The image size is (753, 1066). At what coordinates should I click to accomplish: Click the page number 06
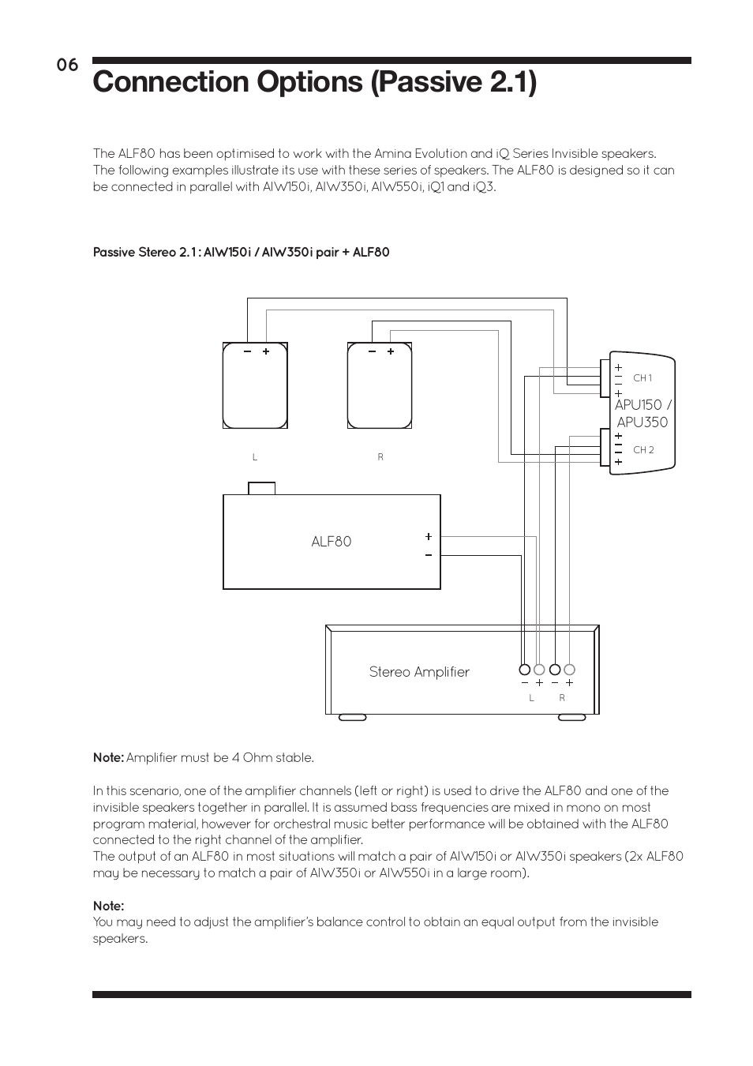(67, 66)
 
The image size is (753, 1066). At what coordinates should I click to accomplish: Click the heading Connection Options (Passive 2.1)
(314, 82)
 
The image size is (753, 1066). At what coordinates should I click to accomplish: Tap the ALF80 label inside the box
(332, 542)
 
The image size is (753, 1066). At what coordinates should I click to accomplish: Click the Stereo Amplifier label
(419, 672)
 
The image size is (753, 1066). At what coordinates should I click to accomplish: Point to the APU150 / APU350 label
(642, 414)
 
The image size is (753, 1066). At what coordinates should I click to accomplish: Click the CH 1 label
(642, 378)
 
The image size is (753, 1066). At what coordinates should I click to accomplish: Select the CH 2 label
(643, 450)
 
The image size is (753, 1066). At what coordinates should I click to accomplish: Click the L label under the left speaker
(255, 457)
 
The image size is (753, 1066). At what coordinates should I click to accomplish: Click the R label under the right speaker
(380, 457)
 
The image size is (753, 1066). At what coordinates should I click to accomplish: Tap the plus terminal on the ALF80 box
(429, 536)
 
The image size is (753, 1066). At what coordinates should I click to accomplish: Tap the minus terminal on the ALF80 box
(429, 555)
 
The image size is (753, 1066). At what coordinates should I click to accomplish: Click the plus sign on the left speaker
(266, 351)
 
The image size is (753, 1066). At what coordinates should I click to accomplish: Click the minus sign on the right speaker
(372, 351)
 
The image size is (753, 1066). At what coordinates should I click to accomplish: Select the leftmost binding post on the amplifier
(524, 670)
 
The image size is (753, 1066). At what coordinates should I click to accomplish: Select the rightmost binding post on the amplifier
(569, 670)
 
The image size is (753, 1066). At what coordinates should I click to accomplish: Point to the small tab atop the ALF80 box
(262, 488)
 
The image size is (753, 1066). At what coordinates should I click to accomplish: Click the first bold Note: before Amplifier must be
(108, 758)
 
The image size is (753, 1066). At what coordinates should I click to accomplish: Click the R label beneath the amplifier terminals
(562, 698)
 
